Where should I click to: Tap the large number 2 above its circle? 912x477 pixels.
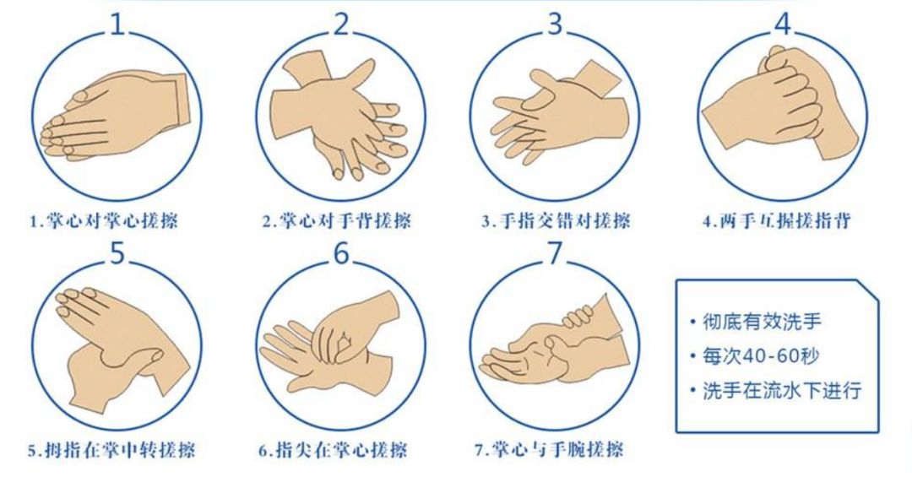[342, 24]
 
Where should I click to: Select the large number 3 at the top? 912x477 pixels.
[556, 24]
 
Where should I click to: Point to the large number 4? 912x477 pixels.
[784, 24]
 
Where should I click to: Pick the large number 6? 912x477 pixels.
[341, 252]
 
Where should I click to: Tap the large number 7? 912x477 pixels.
[556, 252]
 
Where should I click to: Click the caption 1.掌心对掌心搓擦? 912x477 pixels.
[104, 221]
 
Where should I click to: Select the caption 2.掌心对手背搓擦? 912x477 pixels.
[337, 221]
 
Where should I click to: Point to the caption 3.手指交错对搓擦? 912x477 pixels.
[556, 221]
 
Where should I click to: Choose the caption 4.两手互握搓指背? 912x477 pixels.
[777, 221]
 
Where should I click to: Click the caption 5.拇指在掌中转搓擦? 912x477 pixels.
[111, 450]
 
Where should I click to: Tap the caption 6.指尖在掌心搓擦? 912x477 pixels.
[333, 450]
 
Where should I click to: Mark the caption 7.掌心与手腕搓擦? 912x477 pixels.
[549, 450]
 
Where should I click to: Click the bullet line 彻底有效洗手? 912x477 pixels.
[756, 321]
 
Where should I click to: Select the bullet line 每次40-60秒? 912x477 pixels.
[754, 355]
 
